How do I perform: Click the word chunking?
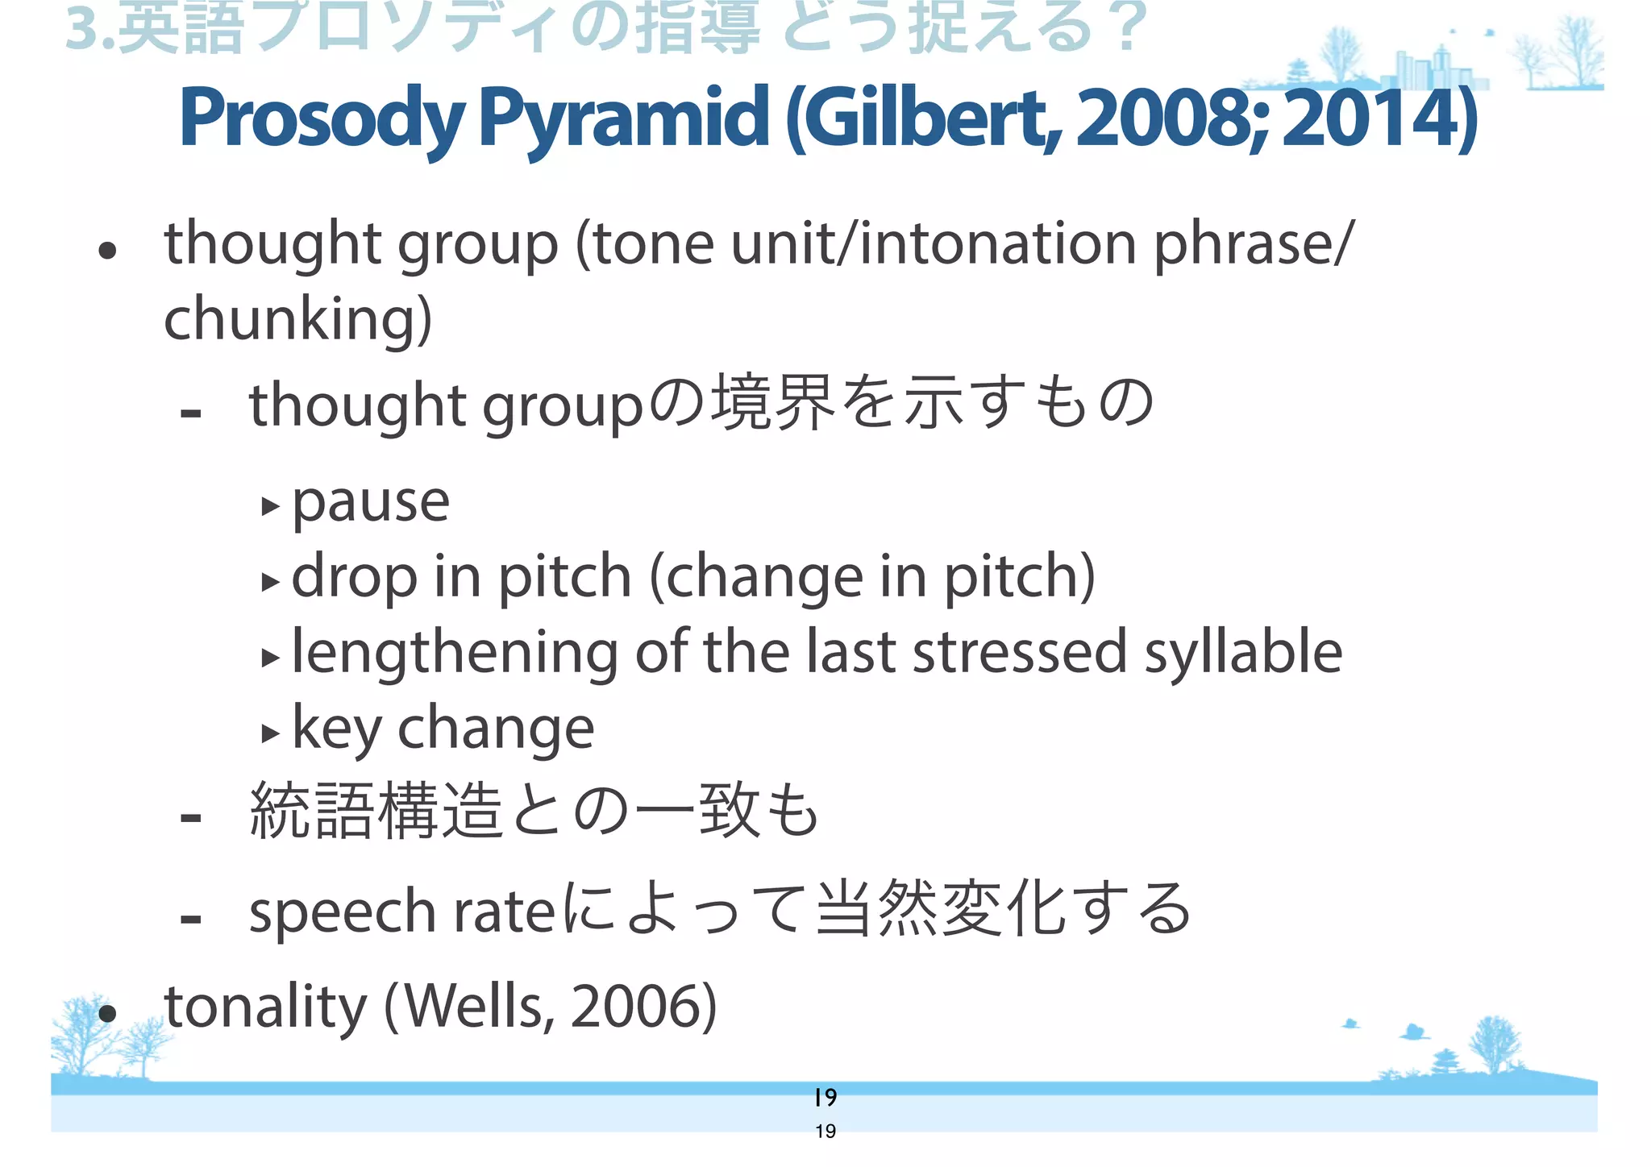[297, 319]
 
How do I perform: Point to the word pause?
[370, 503]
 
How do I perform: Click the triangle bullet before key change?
[270, 733]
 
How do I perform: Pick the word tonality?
[265, 1007]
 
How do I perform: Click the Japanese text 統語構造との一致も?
[534, 812]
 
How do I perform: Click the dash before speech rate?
[191, 918]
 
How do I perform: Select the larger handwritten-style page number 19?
[825, 1097]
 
